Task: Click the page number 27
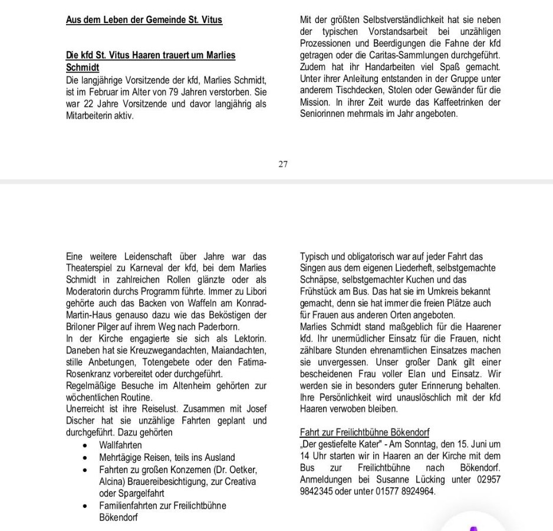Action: point(283,164)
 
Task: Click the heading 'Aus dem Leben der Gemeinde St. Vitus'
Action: point(144,20)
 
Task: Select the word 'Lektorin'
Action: point(248,339)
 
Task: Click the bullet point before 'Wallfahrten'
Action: point(87,446)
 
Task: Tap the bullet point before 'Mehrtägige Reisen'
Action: point(87,457)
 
